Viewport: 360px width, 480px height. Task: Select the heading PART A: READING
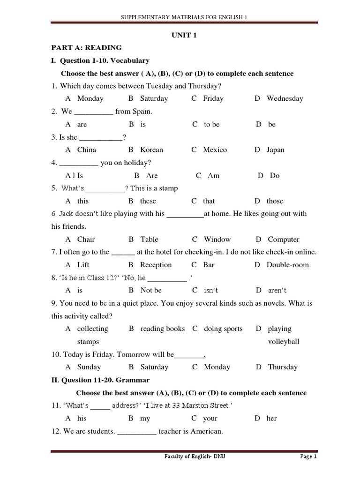tap(86, 47)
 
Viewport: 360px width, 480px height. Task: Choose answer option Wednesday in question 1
tap(285, 98)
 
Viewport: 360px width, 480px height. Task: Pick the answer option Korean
tap(151, 150)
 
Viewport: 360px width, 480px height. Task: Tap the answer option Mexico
tap(215, 150)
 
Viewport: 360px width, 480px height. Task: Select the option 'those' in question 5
tap(275, 201)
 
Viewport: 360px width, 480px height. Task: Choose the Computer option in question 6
tap(283, 240)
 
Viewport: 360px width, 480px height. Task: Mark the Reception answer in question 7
tap(156, 265)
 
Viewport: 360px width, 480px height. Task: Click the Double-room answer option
tap(288, 265)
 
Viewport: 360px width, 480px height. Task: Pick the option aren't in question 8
tap(277, 291)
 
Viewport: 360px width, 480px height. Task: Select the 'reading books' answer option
tap(162, 329)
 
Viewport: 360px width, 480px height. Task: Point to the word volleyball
tap(284, 342)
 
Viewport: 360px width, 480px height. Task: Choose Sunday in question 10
tap(89, 367)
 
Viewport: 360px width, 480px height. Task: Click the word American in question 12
tap(206, 431)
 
